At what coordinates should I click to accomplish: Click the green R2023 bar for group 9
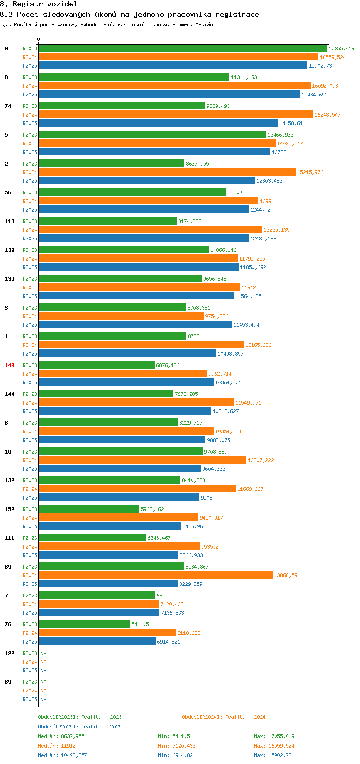183,48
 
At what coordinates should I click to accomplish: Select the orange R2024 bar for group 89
156,575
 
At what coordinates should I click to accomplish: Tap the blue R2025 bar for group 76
97,641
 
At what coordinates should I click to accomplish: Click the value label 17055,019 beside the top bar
341,48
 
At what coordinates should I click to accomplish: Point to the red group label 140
10,365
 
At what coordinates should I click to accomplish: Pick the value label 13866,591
287,575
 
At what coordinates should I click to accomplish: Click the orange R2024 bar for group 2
168,172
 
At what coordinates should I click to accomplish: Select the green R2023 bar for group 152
89,509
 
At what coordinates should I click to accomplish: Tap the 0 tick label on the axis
39,39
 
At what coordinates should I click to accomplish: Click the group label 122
10,653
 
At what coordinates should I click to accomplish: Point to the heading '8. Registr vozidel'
38,4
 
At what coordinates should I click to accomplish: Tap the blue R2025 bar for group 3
135,324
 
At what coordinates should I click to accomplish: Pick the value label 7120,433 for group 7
172,604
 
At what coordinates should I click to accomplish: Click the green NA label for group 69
43,682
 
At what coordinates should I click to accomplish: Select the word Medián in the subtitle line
204,24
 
